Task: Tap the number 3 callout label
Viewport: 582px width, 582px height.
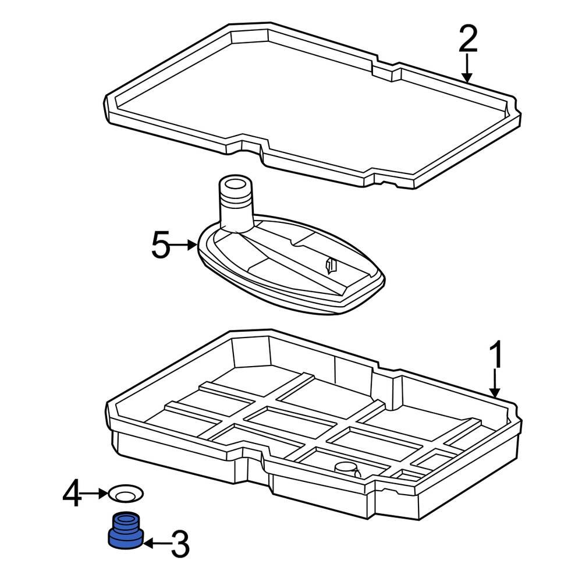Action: [179, 545]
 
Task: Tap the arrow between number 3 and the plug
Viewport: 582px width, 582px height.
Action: [155, 544]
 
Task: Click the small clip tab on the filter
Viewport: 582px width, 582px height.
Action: [331, 265]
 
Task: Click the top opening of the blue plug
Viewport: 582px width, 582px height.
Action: [126, 517]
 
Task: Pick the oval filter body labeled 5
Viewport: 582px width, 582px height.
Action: [291, 268]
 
